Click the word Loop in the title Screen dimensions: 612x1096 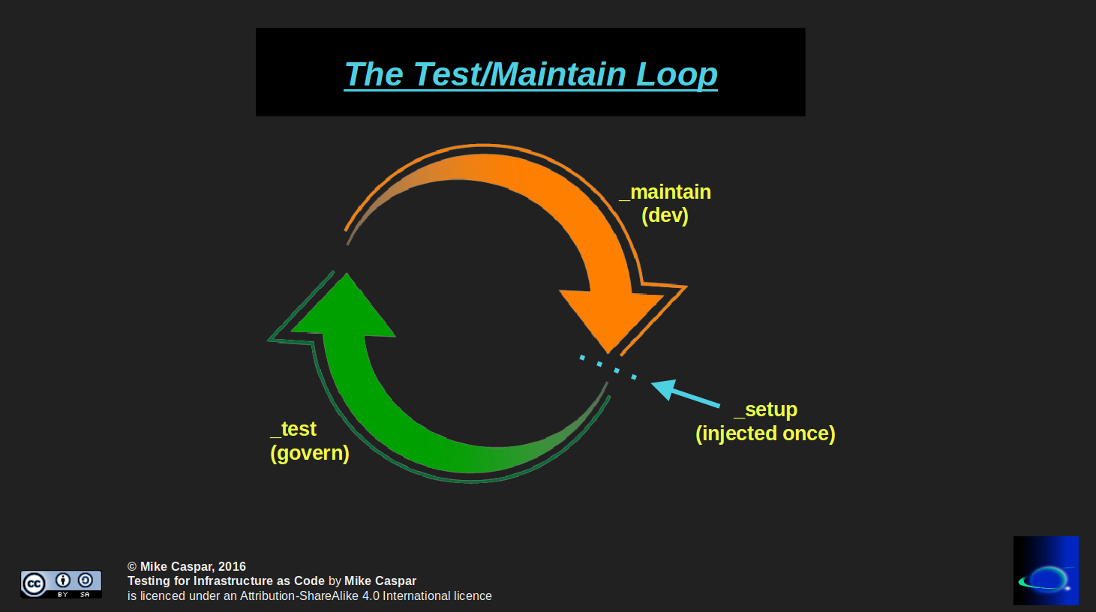(677, 75)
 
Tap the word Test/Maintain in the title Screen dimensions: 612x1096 (519, 75)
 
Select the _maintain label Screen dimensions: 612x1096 (665, 192)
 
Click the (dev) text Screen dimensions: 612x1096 (665, 216)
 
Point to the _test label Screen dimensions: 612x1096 (293, 429)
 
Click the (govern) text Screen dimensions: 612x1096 (309, 453)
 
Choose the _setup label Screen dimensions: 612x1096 (765, 409)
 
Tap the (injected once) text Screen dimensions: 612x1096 (765, 433)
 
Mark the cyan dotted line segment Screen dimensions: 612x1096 (608, 367)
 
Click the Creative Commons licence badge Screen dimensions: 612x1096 (61, 583)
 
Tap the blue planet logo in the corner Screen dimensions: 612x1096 (1046, 571)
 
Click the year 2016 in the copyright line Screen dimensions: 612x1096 (232, 567)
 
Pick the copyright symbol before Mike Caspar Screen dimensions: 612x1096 (132, 567)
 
